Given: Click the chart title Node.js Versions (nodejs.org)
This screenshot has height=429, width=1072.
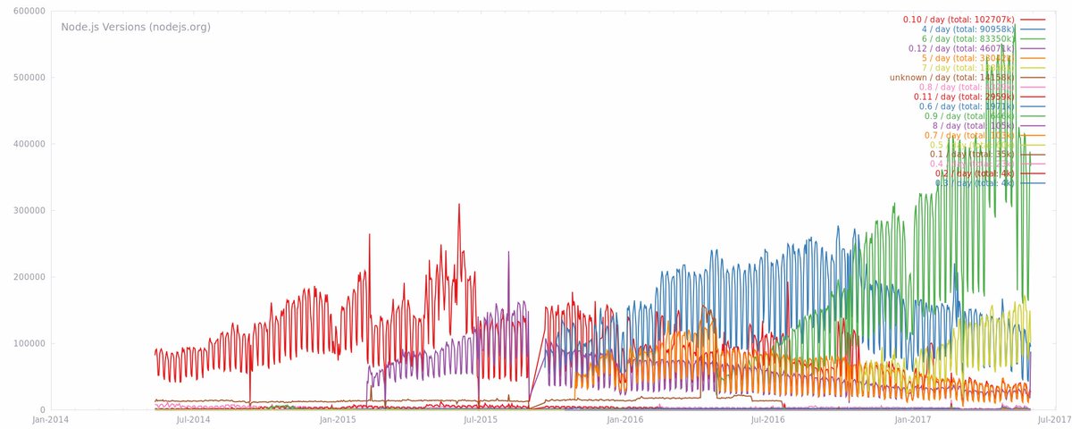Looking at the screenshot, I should pyautogui.click(x=136, y=27).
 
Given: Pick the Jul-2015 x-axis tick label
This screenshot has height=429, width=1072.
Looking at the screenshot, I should pyautogui.click(x=481, y=418).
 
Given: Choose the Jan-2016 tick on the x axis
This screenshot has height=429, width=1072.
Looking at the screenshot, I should pyautogui.click(x=625, y=418).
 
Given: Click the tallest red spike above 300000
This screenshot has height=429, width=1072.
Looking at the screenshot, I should pyautogui.click(x=459, y=205).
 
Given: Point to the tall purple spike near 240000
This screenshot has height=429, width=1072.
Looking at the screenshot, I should pyautogui.click(x=508, y=252).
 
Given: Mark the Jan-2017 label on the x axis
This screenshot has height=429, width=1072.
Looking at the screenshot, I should pyautogui.click(x=911, y=418).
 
